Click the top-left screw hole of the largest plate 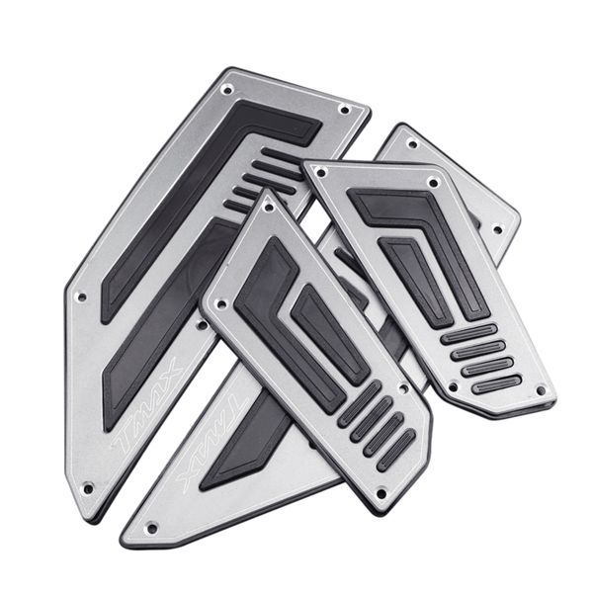(227, 90)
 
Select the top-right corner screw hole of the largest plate (345, 110)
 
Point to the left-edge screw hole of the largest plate (81, 297)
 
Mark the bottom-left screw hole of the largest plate (88, 488)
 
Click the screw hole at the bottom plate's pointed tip (152, 528)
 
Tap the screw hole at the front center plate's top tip (269, 207)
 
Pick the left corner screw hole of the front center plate (222, 303)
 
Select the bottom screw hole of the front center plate (381, 493)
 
